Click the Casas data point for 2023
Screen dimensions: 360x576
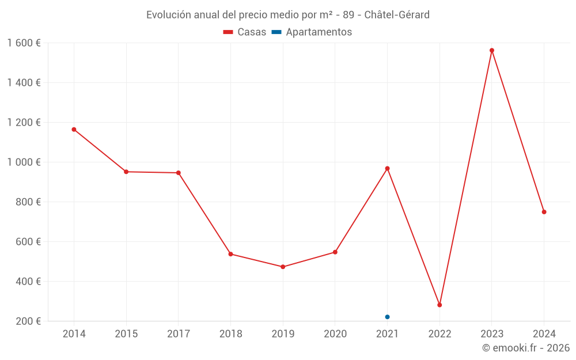(x=492, y=50)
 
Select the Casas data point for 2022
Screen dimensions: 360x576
(x=439, y=305)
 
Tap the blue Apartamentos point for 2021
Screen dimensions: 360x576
(x=387, y=317)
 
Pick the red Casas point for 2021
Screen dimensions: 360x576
(x=387, y=168)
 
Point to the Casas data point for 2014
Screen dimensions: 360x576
(x=74, y=130)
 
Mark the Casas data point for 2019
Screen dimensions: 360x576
(x=283, y=267)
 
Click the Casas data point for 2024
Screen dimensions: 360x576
(x=544, y=212)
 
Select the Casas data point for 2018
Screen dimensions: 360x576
(x=230, y=254)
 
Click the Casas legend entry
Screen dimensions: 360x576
(x=245, y=32)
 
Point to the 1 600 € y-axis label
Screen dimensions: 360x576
(x=24, y=43)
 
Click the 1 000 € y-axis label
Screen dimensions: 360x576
(x=24, y=162)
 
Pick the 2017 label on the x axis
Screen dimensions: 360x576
(x=178, y=334)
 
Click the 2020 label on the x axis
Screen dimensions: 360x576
(x=335, y=334)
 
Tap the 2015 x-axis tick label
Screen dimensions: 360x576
(x=126, y=334)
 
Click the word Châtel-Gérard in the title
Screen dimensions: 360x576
(x=397, y=14)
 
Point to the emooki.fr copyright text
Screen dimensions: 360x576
(x=525, y=348)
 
